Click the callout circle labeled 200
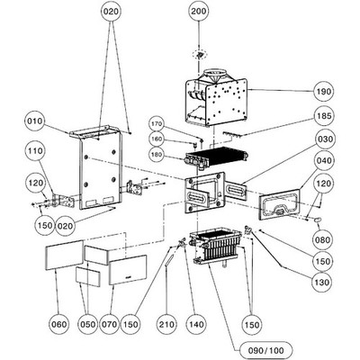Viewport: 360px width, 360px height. click(199, 12)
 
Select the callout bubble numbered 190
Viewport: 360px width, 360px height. click(323, 92)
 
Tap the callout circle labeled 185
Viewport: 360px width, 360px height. click(323, 116)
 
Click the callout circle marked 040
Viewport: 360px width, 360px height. click(323, 160)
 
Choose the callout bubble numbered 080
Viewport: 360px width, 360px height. click(322, 240)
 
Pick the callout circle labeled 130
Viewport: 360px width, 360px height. click(321, 283)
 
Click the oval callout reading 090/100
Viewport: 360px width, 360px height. click(265, 350)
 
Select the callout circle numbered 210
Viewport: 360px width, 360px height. click(166, 324)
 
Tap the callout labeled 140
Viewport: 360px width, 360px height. click(196, 324)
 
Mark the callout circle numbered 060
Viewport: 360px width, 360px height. click(58, 324)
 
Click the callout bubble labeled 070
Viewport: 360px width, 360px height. click(109, 324)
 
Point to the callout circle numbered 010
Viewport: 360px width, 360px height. click(35, 121)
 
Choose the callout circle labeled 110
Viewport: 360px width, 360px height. click(36, 150)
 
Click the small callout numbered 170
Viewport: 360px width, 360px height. click(156, 123)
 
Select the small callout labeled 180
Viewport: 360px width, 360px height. click(156, 155)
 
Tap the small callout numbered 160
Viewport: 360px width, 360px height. click(156, 139)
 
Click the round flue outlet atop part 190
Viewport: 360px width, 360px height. click(215, 73)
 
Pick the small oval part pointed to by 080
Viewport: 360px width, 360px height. click(318, 220)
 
